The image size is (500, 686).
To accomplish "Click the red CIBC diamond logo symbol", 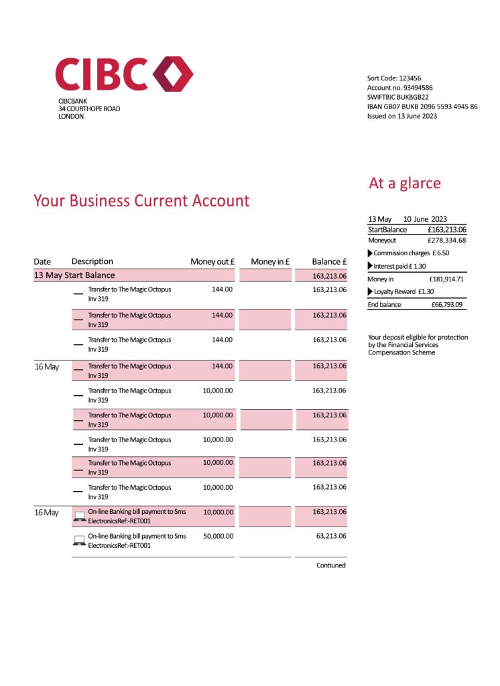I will [x=174, y=74].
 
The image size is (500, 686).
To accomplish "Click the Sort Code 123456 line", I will [x=394, y=78].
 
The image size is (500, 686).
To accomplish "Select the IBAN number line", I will [x=422, y=107].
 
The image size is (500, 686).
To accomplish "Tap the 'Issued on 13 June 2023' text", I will [x=401, y=116].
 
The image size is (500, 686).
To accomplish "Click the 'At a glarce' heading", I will [x=405, y=183].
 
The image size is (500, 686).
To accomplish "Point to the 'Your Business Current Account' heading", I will [x=141, y=200].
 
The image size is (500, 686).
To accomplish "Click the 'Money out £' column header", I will [x=212, y=262].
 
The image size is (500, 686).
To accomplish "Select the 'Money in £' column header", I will [x=269, y=262].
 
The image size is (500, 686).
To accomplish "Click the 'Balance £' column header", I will [x=329, y=262].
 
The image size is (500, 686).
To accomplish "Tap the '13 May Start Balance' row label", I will [x=74, y=275].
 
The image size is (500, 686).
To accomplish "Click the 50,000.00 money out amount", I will [x=218, y=537].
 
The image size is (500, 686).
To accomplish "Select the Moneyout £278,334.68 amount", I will [x=446, y=240].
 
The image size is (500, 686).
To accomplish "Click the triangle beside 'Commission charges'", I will [x=371, y=253].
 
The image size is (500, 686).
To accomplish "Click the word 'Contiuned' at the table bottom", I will [x=331, y=565].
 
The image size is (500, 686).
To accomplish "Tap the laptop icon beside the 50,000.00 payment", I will [x=78, y=540].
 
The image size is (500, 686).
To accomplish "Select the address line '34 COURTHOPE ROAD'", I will [x=89, y=109].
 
